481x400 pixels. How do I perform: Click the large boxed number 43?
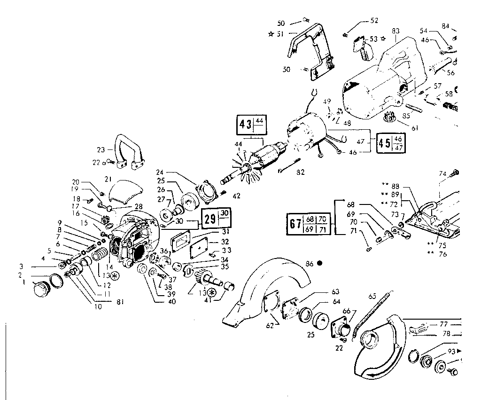click(244, 126)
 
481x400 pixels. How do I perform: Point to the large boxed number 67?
click(295, 224)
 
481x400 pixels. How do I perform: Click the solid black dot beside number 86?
click(319, 264)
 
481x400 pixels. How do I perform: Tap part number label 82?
click(300, 173)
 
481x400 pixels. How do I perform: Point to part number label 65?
click(372, 296)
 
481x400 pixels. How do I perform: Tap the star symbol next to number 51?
click(271, 34)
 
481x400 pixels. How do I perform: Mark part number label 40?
click(171, 302)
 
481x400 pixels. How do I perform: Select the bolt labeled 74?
click(455, 173)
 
